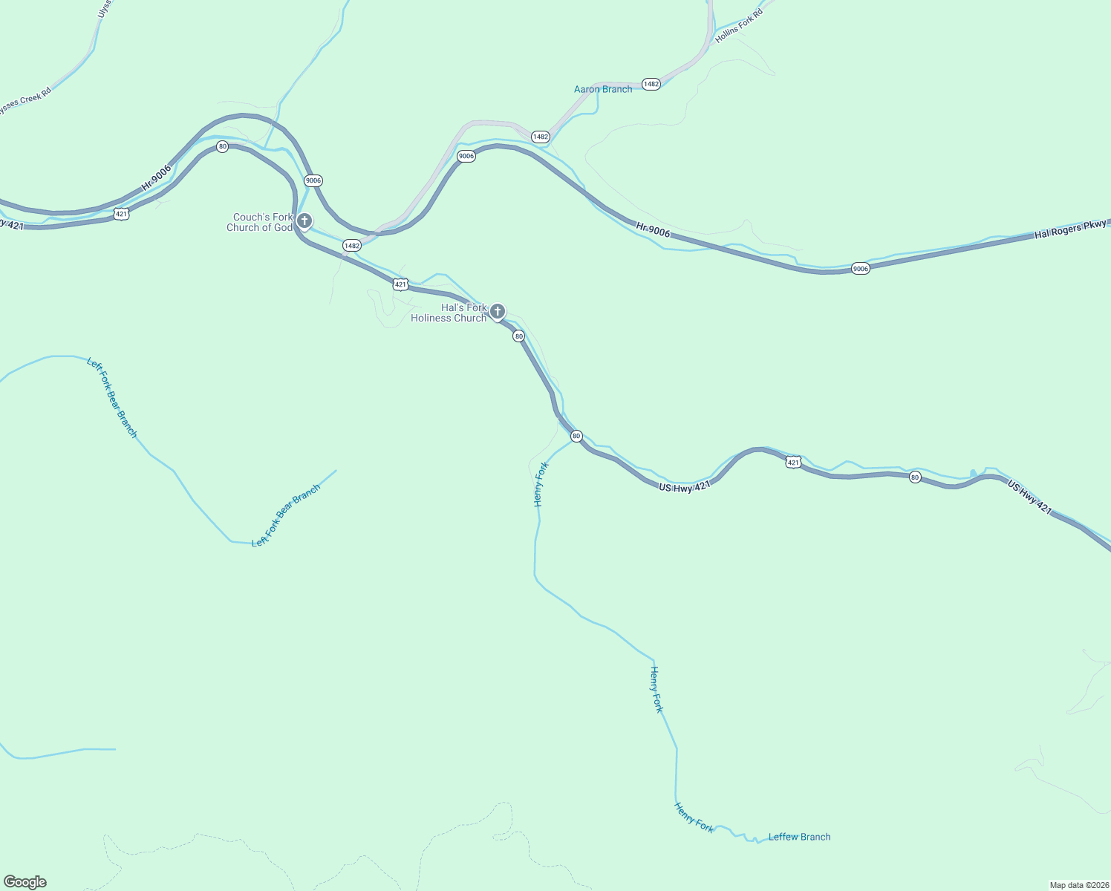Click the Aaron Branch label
tap(602, 89)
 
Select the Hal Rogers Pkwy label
tap(1070, 229)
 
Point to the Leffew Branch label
tap(799, 837)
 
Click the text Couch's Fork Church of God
tap(260, 223)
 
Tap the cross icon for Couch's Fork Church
tap(304, 221)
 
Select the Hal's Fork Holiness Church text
tap(449, 313)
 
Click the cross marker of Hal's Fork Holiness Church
tap(497, 311)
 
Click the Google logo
tap(25, 882)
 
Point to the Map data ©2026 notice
tap(1078, 885)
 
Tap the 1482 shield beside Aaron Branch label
tap(651, 84)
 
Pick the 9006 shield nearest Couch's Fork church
tap(313, 180)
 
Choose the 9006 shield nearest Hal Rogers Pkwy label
tap(860, 269)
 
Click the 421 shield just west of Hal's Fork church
tap(400, 284)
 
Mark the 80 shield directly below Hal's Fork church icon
tap(518, 336)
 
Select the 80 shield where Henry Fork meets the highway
tap(576, 436)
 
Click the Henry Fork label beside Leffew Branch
tap(694, 817)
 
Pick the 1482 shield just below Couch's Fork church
tap(351, 245)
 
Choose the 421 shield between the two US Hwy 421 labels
tap(793, 463)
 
